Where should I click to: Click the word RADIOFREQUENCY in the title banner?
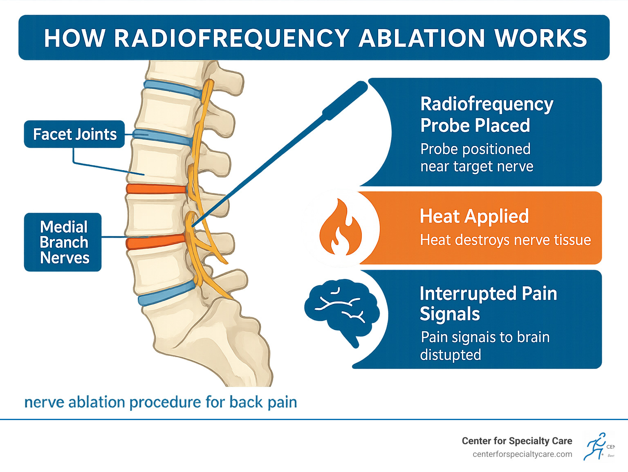pos(231,38)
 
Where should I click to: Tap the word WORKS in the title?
pos(541,38)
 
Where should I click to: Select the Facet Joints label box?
pos(74,134)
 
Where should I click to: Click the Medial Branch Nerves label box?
pos(63,242)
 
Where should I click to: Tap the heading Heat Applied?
pos(474,216)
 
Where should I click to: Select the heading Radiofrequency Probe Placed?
pos(486,115)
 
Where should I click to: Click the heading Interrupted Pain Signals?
pos(488,303)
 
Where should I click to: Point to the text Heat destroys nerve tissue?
pos(505,240)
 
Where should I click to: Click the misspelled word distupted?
pos(450,355)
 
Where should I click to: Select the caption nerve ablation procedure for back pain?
pos(161,402)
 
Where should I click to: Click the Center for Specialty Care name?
pos(517,441)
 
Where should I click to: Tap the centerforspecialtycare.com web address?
pos(522,454)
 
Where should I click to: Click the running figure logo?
pos(595,446)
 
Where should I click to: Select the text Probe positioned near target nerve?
pos(476,158)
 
